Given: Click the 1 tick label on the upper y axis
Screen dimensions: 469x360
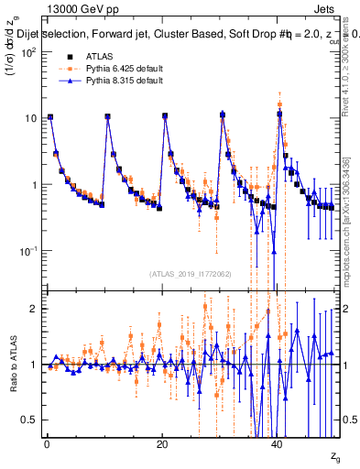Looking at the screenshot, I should pos(33,184).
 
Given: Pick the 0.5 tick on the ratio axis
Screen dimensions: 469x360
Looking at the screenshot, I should pos(29,420).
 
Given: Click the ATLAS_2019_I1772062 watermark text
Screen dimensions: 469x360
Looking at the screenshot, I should pos(191,273).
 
